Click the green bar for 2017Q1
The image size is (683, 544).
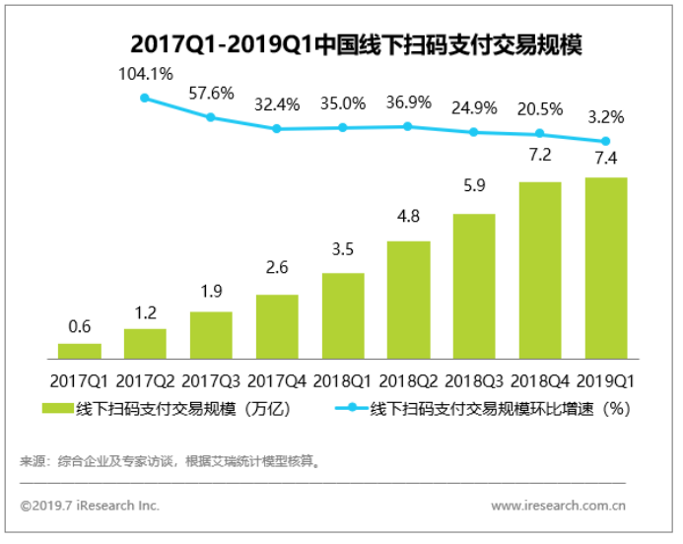(80, 350)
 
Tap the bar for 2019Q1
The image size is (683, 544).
(605, 267)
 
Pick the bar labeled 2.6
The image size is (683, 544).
(277, 325)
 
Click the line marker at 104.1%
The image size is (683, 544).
(145, 98)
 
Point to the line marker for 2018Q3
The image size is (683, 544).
(474, 132)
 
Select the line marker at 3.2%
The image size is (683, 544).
(605, 141)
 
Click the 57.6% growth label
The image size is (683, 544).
(211, 94)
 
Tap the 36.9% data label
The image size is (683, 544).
(408, 102)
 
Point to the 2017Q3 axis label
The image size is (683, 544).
(211, 379)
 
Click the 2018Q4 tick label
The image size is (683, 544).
(540, 379)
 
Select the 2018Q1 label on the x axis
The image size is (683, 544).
(343, 379)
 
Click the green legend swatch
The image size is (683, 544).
(57, 409)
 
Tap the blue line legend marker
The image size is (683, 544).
(351, 409)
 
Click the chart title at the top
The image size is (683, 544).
(342, 45)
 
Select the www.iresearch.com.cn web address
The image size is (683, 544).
(559, 506)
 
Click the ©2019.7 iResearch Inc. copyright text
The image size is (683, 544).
(90, 506)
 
